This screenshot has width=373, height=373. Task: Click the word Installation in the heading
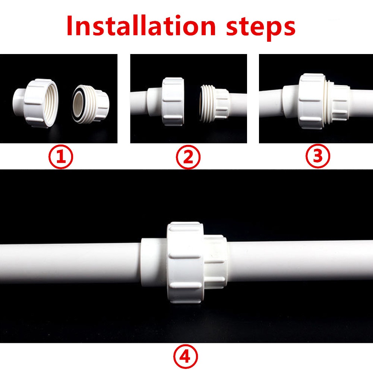pos(141,26)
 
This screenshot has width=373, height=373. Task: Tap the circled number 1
pos(61,157)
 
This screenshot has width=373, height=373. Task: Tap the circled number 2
pos(188,157)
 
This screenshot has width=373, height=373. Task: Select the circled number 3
pos(318,156)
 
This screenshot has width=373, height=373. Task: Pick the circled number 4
pos(186,357)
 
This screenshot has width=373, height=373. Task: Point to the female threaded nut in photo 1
pos(41,103)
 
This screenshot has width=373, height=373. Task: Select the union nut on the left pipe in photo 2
pos(173,102)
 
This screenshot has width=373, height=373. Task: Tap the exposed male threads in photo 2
pos(206,104)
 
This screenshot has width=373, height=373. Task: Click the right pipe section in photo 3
pos(361,103)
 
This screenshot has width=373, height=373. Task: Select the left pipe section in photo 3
pos(271,103)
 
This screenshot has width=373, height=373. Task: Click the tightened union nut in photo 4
pos(186,263)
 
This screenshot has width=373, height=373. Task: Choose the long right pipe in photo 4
pos(300,261)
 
